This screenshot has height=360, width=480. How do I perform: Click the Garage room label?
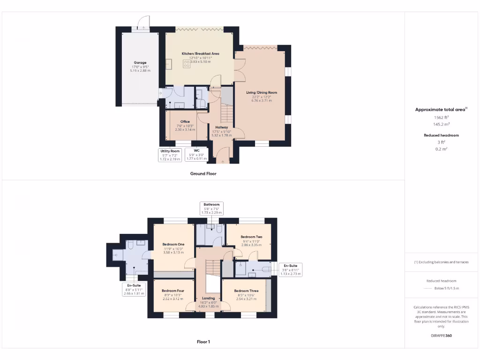pyautogui.click(x=140, y=62)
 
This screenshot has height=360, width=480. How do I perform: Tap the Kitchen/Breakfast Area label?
pyautogui.click(x=201, y=54)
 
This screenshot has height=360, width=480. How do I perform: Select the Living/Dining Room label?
pyautogui.click(x=262, y=92)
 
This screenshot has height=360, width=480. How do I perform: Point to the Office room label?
pyautogui.click(x=185, y=121)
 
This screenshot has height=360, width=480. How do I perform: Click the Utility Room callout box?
pyautogui.click(x=170, y=155)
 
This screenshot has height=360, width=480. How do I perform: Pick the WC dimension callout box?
pyautogui.click(x=197, y=155)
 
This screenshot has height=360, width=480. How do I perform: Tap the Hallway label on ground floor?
pyautogui.click(x=222, y=127)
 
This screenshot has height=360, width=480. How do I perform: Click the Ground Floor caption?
pyautogui.click(x=203, y=173)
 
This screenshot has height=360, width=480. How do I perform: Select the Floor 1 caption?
pyautogui.click(x=203, y=342)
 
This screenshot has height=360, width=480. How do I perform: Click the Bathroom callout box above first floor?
pyautogui.click(x=211, y=209)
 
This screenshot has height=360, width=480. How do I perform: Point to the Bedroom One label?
pyautogui.click(x=173, y=244)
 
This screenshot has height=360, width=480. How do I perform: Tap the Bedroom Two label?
pyautogui.click(x=251, y=237)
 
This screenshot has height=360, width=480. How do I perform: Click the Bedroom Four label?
pyautogui.click(x=173, y=291)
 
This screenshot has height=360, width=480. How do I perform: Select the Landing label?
pyautogui.click(x=209, y=298)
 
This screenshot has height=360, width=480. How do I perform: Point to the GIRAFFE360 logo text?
pyautogui.click(x=442, y=336)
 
